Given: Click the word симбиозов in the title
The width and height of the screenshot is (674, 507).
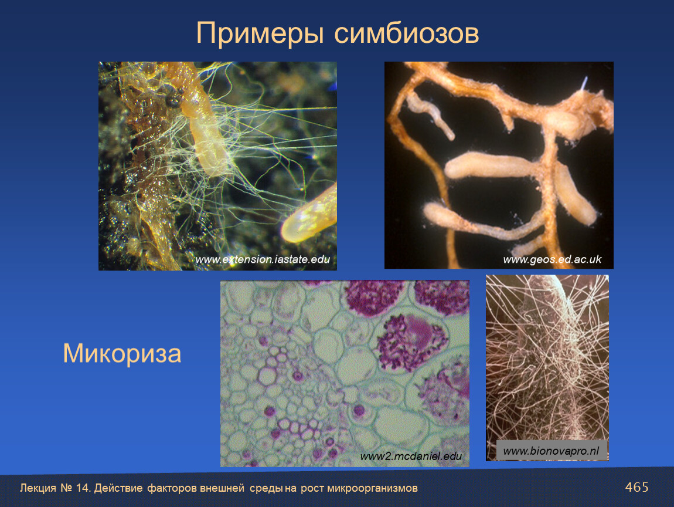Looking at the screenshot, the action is tap(406, 33).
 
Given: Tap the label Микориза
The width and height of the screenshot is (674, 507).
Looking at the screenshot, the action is tap(122, 354).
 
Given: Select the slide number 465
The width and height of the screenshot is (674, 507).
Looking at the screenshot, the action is tap(636, 487).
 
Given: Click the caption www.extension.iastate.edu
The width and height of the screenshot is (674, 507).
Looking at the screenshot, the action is tap(263, 259).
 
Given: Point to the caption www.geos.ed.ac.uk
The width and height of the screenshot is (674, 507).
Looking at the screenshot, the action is tap(552, 259).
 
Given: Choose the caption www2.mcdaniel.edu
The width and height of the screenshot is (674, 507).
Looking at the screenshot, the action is tap(411, 456).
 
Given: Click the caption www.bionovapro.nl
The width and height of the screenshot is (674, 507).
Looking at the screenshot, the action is tap(551, 451).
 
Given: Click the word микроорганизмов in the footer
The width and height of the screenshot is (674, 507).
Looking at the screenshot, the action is tap(372, 488).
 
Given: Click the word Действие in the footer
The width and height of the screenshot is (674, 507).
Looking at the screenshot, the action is tap(118, 488).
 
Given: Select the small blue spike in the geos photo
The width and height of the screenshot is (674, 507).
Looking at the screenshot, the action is tap(584, 83).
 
